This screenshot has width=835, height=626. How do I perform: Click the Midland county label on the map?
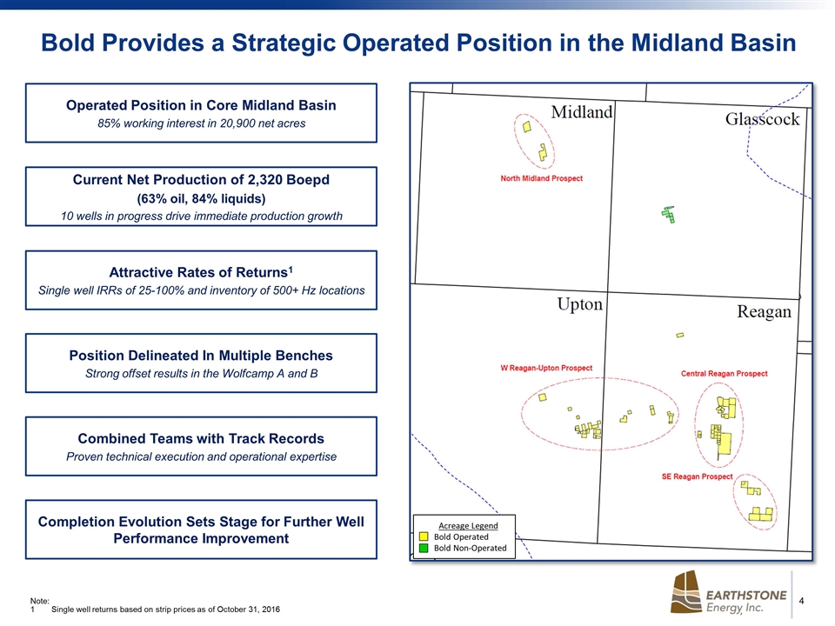pos(582,112)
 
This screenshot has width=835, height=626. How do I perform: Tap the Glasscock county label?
pos(762,119)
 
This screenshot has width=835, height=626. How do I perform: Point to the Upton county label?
pos(579,304)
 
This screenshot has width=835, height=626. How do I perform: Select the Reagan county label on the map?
pos(764,311)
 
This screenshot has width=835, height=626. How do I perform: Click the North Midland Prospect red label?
pos(541,178)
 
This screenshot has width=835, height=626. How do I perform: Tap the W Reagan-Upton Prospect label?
pos(546,368)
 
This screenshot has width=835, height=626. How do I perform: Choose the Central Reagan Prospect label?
pos(724,374)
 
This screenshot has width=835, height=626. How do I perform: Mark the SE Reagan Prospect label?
pos(697,476)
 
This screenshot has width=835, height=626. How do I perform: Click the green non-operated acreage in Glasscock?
pos(669,215)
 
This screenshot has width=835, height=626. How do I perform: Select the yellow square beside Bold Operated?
pos(424,536)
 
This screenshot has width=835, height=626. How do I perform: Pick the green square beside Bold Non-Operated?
pos(424,548)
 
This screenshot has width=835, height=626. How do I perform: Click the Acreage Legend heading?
pos(468,525)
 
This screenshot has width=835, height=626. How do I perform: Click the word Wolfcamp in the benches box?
pos(246,374)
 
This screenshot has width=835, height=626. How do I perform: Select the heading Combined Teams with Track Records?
pos(201,438)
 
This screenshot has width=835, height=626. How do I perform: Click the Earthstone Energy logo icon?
pos(686,592)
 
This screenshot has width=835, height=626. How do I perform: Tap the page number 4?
pos(801,601)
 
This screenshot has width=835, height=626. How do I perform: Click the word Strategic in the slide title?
pos(284,43)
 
